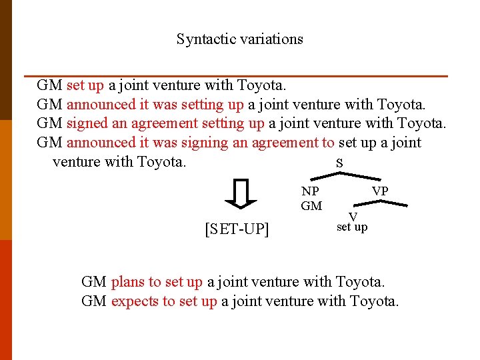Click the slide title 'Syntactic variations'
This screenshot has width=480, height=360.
[x=239, y=39]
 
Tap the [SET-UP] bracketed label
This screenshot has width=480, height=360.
[x=237, y=229]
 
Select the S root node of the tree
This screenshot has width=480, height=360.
[x=339, y=163]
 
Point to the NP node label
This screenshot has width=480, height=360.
[x=310, y=191]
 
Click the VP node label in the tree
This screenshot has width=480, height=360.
[x=380, y=191]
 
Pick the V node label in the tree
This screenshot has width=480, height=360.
[x=353, y=217]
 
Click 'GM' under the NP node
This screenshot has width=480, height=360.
[x=311, y=206]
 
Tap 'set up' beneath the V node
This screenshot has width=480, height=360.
[x=352, y=227]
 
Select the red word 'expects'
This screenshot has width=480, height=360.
[x=134, y=301]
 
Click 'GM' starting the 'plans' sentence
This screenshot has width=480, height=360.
[x=93, y=282]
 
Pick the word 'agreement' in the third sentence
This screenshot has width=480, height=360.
[x=164, y=123]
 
